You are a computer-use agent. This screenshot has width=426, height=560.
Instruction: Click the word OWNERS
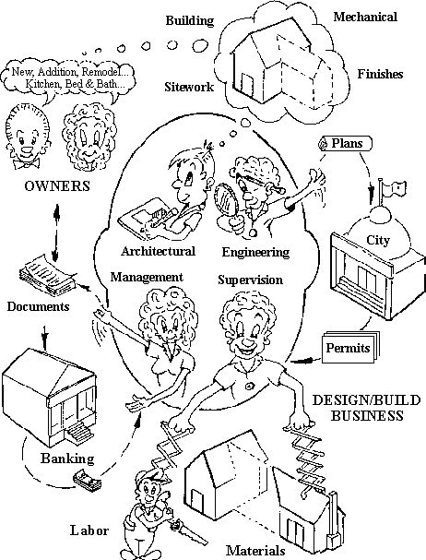[57, 186]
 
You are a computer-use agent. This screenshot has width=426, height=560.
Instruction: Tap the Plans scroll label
[345, 144]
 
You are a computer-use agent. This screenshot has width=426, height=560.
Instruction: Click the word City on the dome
[378, 240]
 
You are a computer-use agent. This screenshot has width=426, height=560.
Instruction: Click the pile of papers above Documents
[47, 275]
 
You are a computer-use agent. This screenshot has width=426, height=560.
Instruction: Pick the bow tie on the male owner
[27, 163]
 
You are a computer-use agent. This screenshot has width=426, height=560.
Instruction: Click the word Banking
[67, 459]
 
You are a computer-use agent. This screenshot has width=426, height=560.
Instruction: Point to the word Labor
[89, 530]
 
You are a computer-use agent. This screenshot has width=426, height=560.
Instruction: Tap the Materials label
[255, 551]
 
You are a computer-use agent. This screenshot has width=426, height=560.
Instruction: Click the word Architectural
[158, 251]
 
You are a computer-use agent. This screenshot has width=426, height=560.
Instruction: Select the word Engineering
[255, 252]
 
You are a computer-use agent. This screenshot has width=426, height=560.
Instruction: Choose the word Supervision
[250, 280]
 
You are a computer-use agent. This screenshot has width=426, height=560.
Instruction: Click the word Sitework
[189, 87]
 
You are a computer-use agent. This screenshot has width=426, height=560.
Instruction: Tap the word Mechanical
[365, 17]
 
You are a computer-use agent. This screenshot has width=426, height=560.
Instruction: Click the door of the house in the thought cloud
[247, 84]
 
